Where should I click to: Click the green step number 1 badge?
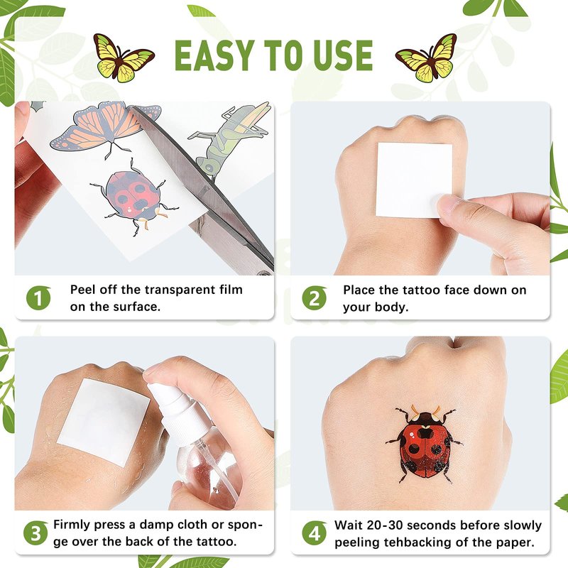click(x=38, y=297)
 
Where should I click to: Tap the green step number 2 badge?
click(x=315, y=297)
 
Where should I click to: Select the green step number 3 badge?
click(x=35, y=533)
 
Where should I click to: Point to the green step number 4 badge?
click(x=315, y=533)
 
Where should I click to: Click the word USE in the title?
click(x=343, y=55)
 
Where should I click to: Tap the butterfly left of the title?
click(x=123, y=58)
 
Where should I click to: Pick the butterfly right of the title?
click(x=427, y=58)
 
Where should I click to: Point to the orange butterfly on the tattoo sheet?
click(x=105, y=127)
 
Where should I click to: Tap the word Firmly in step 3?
click(x=74, y=525)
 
